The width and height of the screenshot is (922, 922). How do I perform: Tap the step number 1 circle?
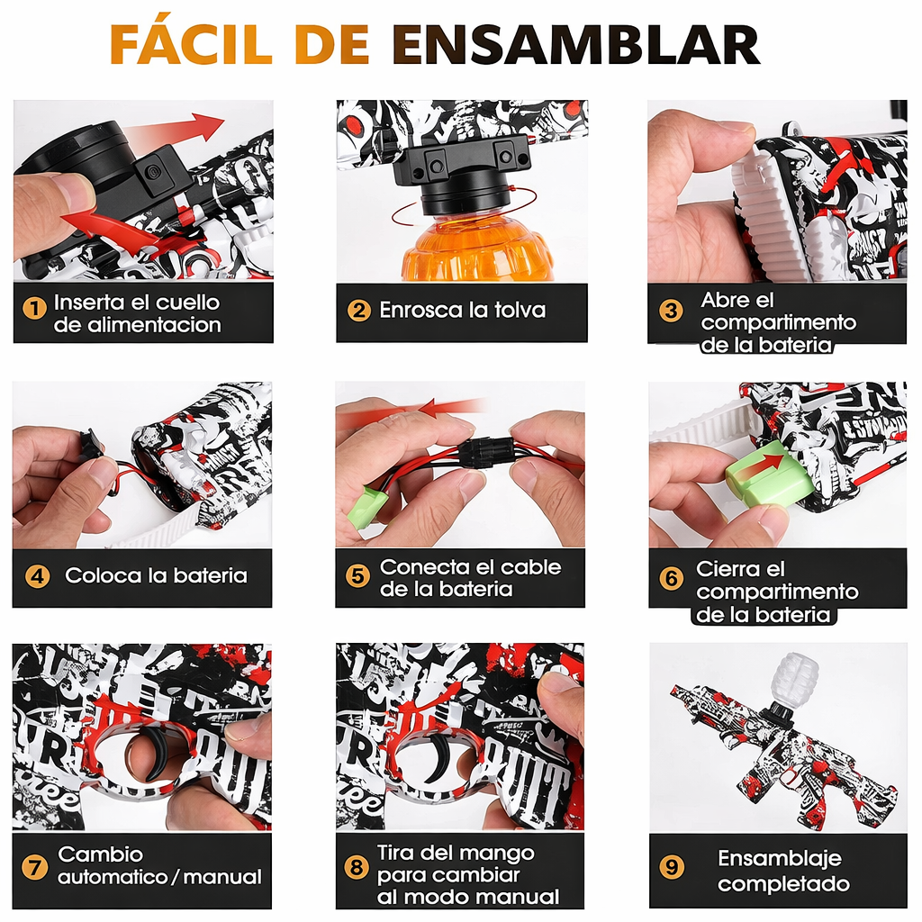[34, 308]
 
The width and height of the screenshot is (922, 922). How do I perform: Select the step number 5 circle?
[358, 576]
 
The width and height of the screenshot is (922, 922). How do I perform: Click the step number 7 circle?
[34, 868]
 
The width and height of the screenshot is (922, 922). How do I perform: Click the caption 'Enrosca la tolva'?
[462, 311]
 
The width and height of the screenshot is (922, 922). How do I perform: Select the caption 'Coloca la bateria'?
[156, 576]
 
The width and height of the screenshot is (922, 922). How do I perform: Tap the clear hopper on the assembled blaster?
[795, 680]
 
